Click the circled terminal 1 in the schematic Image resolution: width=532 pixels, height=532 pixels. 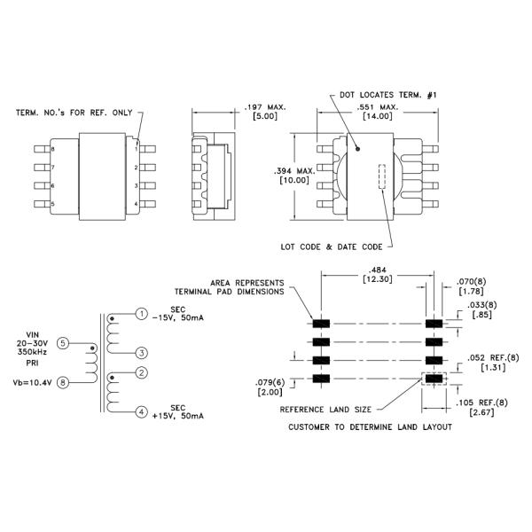pyautogui.click(x=142, y=314)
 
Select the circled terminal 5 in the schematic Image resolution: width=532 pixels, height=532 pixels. pyautogui.click(x=61, y=343)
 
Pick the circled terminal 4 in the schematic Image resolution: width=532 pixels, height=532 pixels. pyautogui.click(x=142, y=411)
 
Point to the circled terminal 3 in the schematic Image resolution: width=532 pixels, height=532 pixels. pyautogui.click(x=142, y=352)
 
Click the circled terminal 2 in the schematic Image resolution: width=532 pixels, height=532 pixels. pyautogui.click(x=142, y=373)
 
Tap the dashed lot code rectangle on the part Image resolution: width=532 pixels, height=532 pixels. pyautogui.click(x=383, y=178)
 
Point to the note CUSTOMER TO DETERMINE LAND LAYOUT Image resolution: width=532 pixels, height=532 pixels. pyautogui.click(x=371, y=427)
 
